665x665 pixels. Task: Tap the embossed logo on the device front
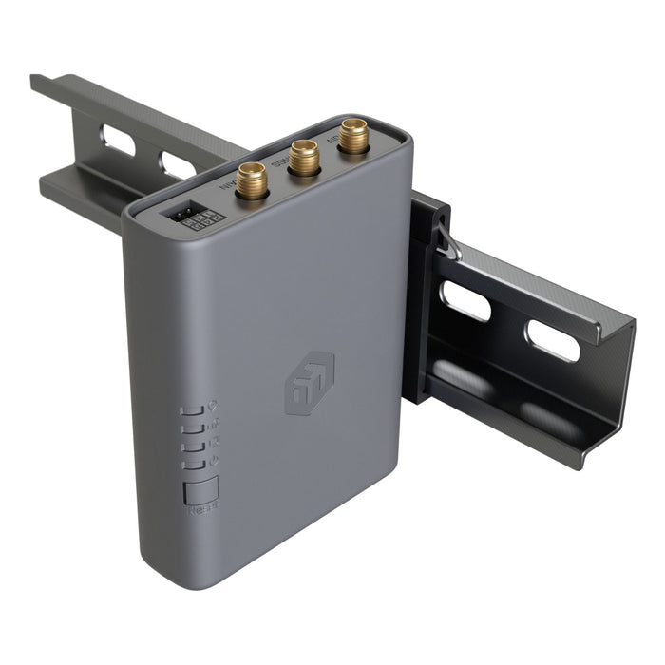(x=310, y=383)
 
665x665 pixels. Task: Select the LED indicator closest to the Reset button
(x=194, y=465)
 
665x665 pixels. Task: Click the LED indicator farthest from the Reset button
(x=194, y=411)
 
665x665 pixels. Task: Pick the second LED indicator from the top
(x=194, y=429)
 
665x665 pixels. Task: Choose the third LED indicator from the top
(x=194, y=446)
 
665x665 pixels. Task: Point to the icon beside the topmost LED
(x=213, y=404)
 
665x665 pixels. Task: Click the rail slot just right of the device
(x=466, y=302)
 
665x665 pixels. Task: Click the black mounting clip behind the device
(x=422, y=294)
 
